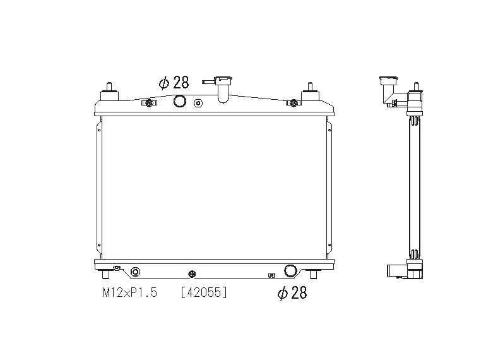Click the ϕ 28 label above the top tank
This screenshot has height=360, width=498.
click(173, 83)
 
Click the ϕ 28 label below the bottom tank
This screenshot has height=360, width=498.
click(292, 292)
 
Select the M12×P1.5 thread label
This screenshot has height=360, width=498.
click(129, 292)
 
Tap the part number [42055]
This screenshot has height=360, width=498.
click(203, 292)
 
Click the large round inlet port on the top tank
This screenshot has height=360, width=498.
click(180, 101)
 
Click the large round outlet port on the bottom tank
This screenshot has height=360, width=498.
click(291, 271)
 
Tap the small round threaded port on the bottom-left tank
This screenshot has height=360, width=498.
click(134, 272)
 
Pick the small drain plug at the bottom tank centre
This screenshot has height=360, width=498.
click(193, 274)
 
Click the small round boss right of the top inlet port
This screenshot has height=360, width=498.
click(198, 103)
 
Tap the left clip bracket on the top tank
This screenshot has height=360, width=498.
click(148, 103)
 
